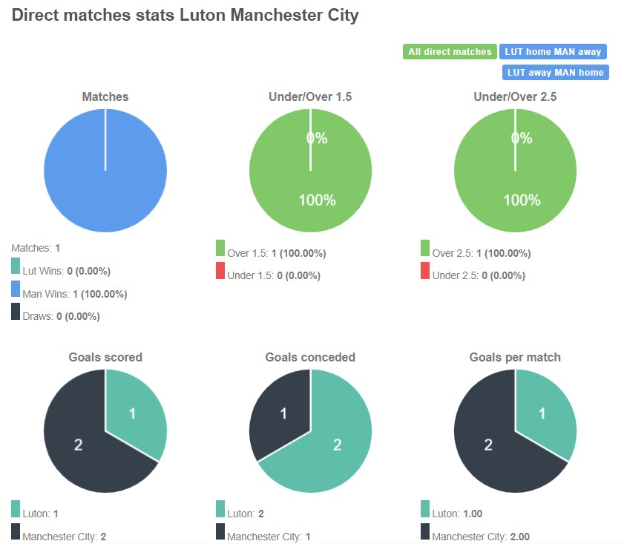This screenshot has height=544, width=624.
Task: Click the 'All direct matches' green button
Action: tap(450, 52)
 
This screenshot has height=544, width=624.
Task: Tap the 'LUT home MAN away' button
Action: tap(554, 52)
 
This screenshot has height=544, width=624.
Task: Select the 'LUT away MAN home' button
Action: tap(555, 73)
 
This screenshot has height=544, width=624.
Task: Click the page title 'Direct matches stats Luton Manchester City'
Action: tap(185, 16)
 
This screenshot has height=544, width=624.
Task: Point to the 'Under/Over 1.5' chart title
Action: tap(310, 96)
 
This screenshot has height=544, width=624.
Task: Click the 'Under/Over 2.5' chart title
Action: tap(515, 96)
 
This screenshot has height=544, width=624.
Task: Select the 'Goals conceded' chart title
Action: tap(310, 357)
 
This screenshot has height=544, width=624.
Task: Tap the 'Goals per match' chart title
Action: tap(515, 357)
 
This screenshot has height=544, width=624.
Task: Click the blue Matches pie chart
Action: tap(105, 171)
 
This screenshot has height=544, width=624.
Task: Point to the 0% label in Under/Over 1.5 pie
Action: tap(317, 138)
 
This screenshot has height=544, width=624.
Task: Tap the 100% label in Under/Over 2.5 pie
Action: tap(522, 200)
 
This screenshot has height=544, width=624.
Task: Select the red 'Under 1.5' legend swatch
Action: tap(220, 271)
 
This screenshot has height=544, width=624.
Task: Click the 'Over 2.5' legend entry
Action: tap(476, 253)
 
